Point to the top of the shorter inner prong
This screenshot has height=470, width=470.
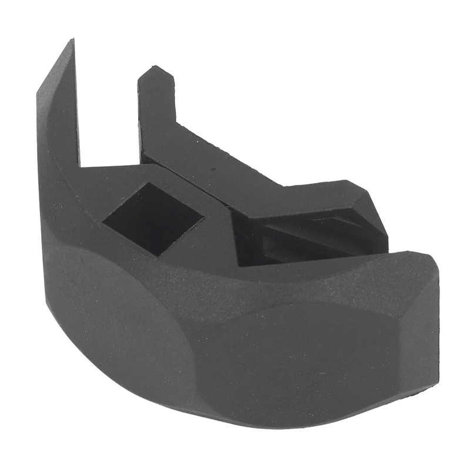point(154,72)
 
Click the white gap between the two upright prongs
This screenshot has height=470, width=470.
point(109,117)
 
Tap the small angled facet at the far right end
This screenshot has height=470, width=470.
point(426,329)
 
